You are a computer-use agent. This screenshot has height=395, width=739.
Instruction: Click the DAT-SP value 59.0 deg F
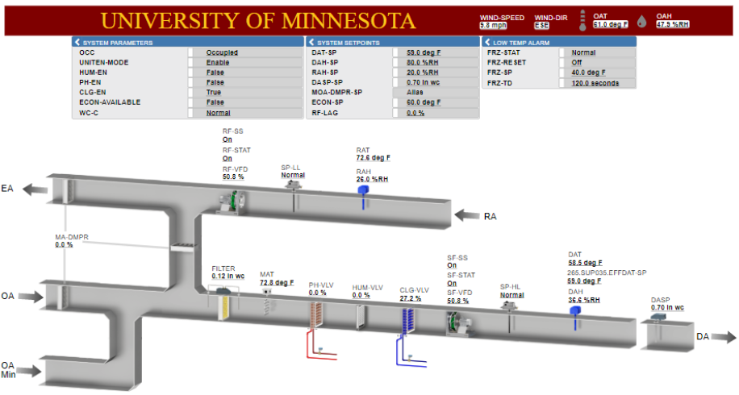[424, 52]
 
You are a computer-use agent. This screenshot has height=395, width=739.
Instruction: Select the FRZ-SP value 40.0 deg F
[588, 73]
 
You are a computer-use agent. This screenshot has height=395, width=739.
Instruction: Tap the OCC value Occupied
[222, 52]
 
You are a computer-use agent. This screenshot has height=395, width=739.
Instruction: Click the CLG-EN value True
[214, 92]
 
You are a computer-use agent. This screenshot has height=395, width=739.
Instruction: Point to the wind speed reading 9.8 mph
[493, 26]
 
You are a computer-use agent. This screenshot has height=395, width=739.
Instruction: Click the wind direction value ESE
[541, 26]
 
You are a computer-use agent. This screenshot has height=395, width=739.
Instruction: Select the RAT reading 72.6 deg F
[374, 158]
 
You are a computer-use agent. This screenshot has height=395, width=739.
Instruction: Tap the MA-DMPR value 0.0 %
[64, 245]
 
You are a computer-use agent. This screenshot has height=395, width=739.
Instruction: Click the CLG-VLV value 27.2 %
[410, 298]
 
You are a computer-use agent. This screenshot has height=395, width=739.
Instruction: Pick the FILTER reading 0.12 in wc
[228, 276]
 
